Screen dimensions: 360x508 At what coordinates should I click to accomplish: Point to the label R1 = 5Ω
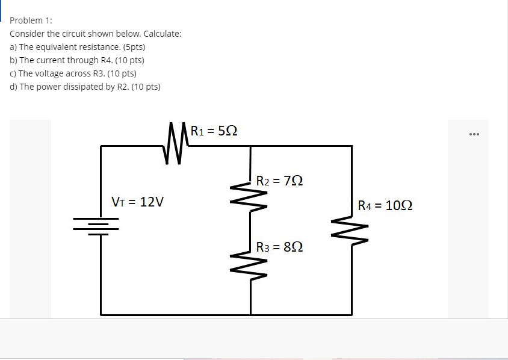pyautogui.click(x=214, y=130)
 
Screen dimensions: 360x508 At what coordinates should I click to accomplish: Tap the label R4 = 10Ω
pyautogui.click(x=385, y=205)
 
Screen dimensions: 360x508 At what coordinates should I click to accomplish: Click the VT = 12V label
pyautogui.click(x=138, y=202)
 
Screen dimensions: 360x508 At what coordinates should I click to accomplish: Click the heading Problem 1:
pyautogui.click(x=31, y=20)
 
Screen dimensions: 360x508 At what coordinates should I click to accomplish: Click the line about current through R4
pyautogui.click(x=76, y=60)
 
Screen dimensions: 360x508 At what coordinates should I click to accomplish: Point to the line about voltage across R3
pyautogui.click(x=73, y=73)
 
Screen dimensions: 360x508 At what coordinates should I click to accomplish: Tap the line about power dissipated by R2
pyautogui.click(x=85, y=87)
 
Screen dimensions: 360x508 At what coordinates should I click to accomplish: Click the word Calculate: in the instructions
pyautogui.click(x=162, y=34)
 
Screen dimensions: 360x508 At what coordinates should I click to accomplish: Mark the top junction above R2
pyautogui.click(x=251, y=146)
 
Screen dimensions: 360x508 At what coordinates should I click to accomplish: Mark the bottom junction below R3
pyautogui.click(x=251, y=314)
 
